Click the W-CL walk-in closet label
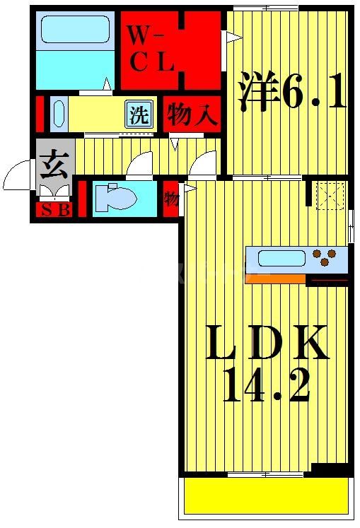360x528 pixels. click(x=151, y=47)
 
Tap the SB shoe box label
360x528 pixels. click(x=54, y=209)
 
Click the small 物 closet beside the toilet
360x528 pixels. click(x=171, y=198)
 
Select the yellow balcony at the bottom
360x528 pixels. click(x=266, y=496)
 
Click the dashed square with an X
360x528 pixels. click(x=330, y=196)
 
